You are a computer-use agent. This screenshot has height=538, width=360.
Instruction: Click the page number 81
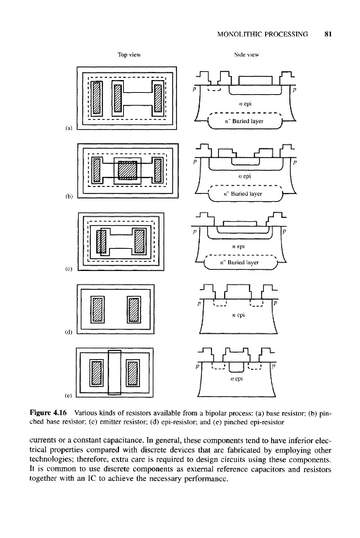(328, 34)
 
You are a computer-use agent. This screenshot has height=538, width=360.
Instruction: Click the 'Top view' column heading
(129, 54)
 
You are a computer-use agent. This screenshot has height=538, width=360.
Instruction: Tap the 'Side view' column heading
(246, 54)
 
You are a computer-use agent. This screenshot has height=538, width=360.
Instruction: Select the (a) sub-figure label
(69, 128)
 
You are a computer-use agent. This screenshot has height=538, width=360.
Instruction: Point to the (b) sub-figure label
(69, 197)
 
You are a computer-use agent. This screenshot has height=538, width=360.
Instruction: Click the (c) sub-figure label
(69, 270)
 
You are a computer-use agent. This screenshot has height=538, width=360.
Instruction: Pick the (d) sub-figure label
(69, 332)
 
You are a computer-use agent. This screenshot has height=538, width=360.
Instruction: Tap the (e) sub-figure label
(69, 395)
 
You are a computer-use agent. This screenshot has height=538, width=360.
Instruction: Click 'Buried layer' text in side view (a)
(248, 121)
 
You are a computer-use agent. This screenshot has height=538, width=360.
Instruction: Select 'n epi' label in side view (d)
(238, 315)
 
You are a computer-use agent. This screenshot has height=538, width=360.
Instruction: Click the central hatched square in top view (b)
(127, 171)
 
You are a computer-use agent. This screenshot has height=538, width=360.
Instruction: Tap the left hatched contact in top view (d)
(97, 310)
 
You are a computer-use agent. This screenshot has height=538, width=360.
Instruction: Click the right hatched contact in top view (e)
(133, 373)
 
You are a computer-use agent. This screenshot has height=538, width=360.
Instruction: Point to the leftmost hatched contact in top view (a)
(97, 98)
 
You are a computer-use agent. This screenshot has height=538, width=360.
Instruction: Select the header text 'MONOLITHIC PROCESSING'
(262, 34)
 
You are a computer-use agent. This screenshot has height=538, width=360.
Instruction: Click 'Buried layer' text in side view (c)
(244, 262)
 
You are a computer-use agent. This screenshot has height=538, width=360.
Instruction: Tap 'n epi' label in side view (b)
(244, 176)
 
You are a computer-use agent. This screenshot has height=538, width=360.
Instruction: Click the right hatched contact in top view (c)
(139, 241)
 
